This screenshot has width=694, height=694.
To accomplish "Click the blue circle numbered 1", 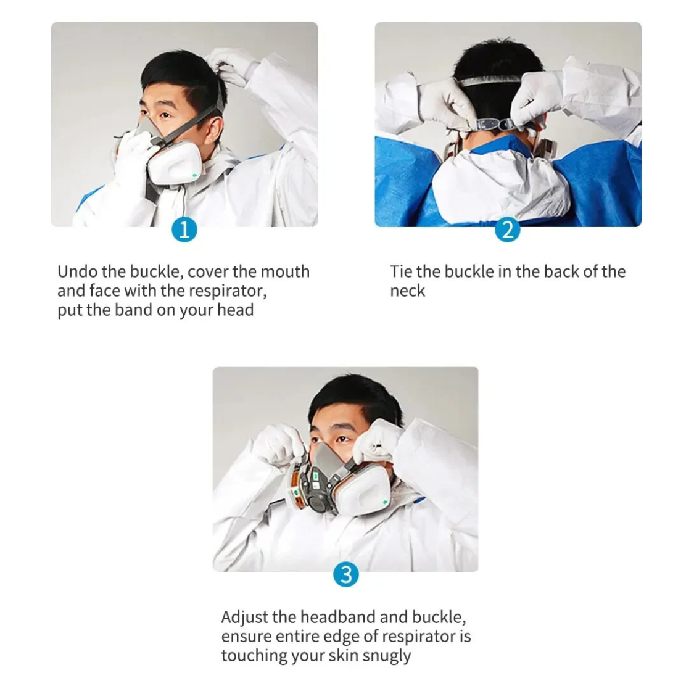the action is click(184, 230).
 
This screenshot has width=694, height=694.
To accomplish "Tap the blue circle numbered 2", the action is click(507, 230).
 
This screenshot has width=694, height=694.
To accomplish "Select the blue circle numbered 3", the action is click(345, 575).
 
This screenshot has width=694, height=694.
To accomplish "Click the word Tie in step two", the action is click(400, 271).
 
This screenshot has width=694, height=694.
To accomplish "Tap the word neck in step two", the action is click(407, 291).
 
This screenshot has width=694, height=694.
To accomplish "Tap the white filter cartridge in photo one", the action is click(175, 163).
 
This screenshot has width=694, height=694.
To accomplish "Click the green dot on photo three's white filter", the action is click(384, 502).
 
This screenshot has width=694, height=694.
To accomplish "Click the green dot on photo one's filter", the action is click(194, 176).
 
